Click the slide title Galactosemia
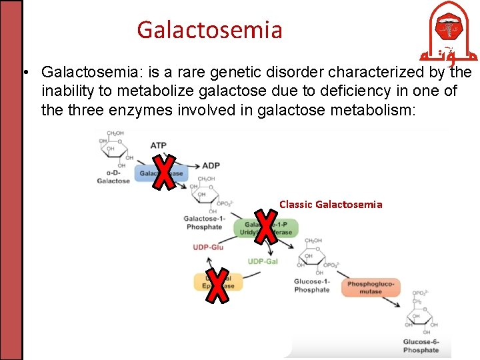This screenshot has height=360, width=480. point(209,30)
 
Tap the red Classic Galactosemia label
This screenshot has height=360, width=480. point(331,204)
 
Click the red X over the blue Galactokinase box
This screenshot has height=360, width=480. point(162,172)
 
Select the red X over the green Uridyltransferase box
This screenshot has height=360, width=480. point(266,225)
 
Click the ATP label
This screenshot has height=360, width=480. point(159,145)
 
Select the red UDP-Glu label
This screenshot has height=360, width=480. point(209,247)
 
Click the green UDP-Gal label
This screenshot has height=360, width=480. point(262,261)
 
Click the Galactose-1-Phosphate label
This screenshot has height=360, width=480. point(205,223)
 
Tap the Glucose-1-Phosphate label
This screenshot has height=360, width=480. point(311,285)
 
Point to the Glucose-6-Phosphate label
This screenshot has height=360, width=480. point(421,346)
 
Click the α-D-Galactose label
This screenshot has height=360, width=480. point(113,177)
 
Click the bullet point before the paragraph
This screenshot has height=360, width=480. point(25,72)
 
